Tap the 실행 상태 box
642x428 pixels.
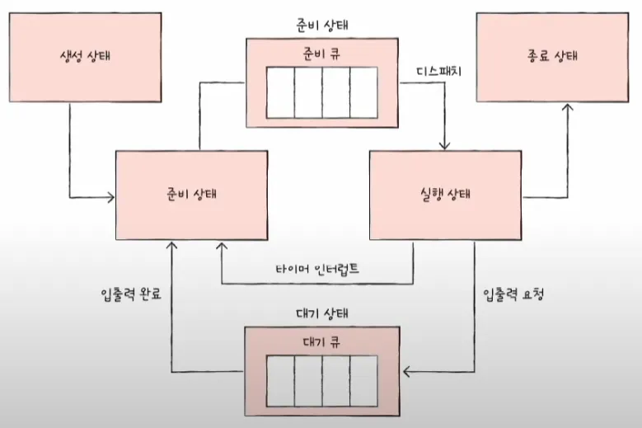(x=446, y=195)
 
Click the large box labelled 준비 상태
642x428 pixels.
(x=192, y=195)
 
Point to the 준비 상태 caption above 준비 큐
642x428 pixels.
(x=321, y=22)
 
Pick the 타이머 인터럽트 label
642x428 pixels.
(x=316, y=269)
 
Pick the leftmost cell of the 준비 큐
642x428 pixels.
(x=279, y=92)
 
